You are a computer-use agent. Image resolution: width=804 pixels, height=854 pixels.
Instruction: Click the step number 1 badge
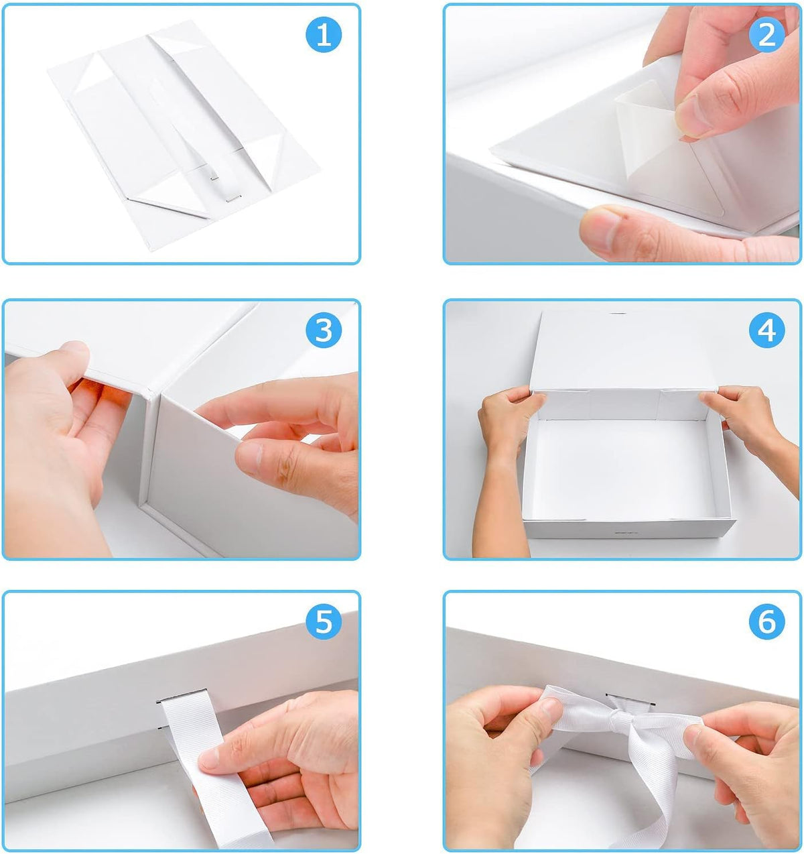click(x=324, y=36)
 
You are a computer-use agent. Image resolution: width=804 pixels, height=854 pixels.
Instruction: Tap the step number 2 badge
click(x=766, y=36)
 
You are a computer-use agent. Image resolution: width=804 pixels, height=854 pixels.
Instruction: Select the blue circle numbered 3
click(x=324, y=330)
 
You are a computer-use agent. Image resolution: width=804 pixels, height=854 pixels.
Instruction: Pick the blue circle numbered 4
click(x=766, y=330)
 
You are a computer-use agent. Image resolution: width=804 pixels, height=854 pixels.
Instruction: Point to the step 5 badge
click(x=324, y=622)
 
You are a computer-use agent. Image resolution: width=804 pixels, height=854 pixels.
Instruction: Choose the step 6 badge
click(x=766, y=622)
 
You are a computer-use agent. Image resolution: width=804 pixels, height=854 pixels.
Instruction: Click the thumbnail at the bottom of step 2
click(x=600, y=230)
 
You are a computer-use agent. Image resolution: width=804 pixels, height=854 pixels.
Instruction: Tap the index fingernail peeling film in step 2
click(x=692, y=115)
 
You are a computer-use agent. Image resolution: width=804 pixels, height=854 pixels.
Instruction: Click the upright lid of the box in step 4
click(x=623, y=351)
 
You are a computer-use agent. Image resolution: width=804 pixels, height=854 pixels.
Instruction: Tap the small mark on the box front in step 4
click(x=626, y=533)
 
